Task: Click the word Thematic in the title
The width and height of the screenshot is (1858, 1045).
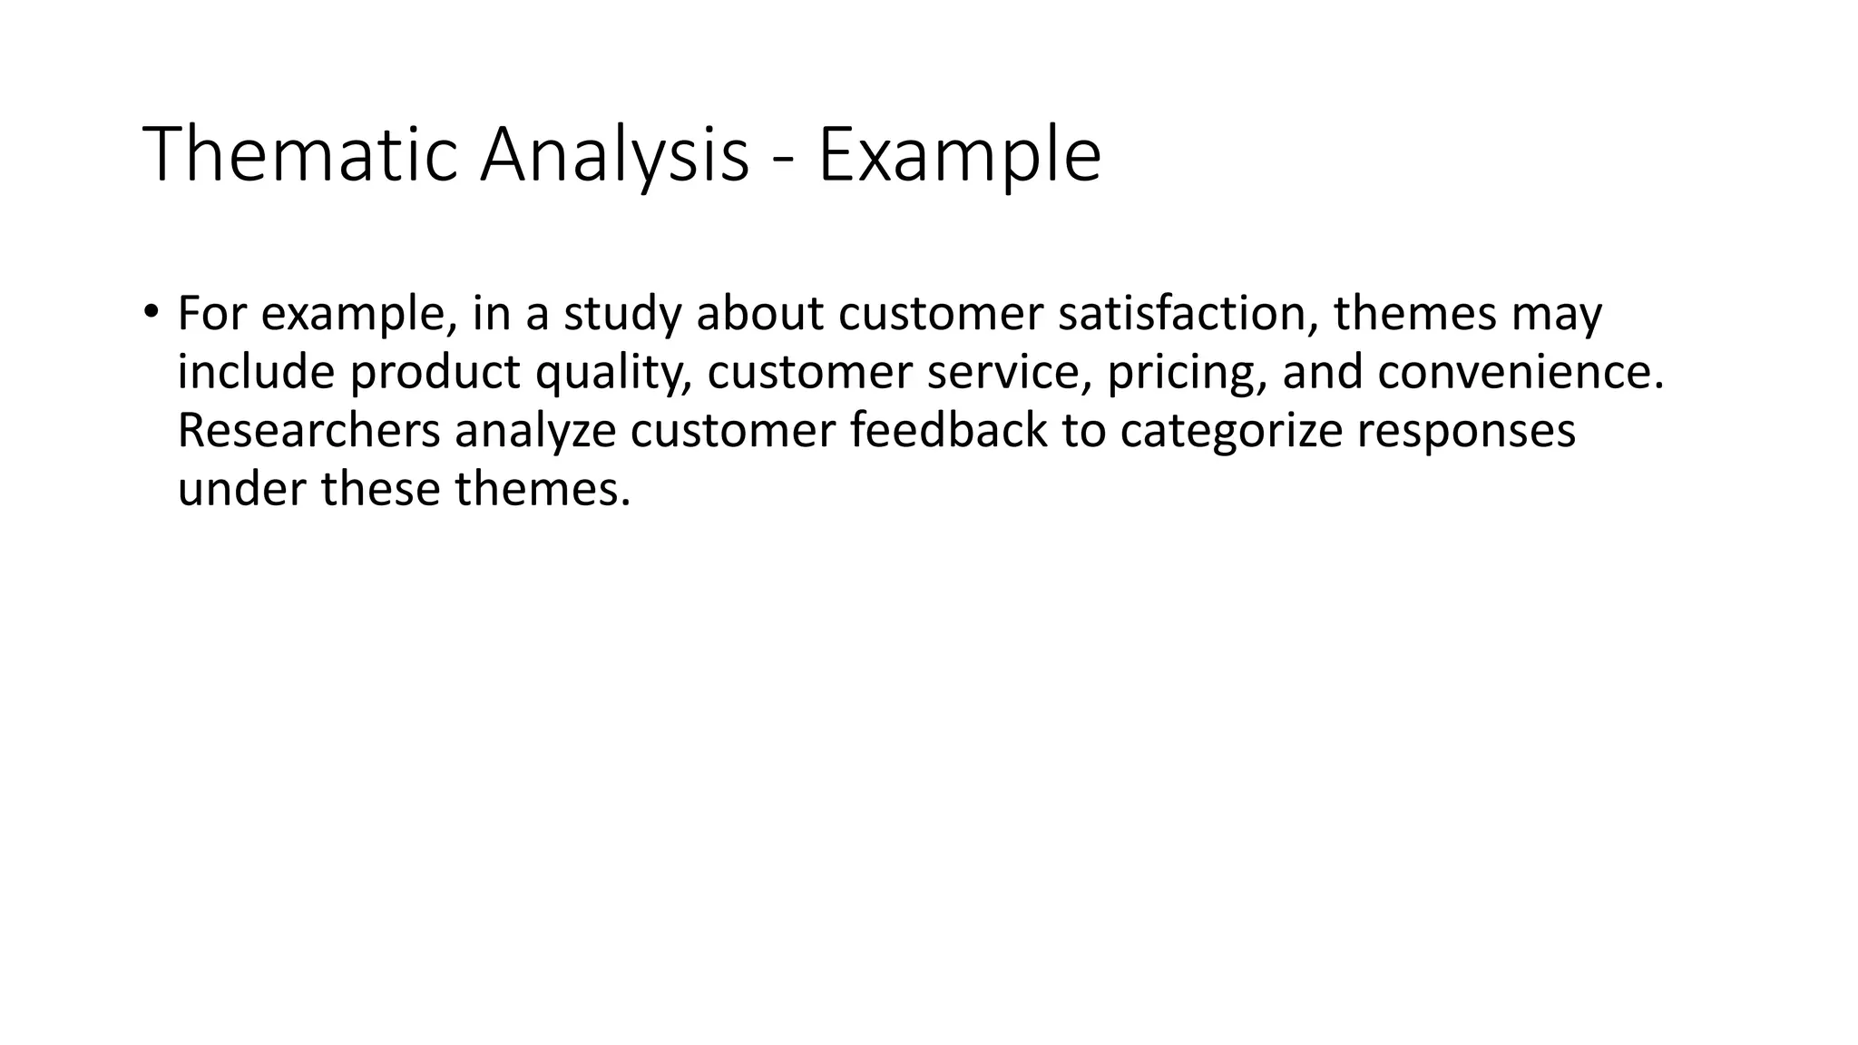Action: coord(299,155)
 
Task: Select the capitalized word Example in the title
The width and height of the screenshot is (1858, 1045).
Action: coord(959,155)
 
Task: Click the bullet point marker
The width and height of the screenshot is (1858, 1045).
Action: coord(150,310)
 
